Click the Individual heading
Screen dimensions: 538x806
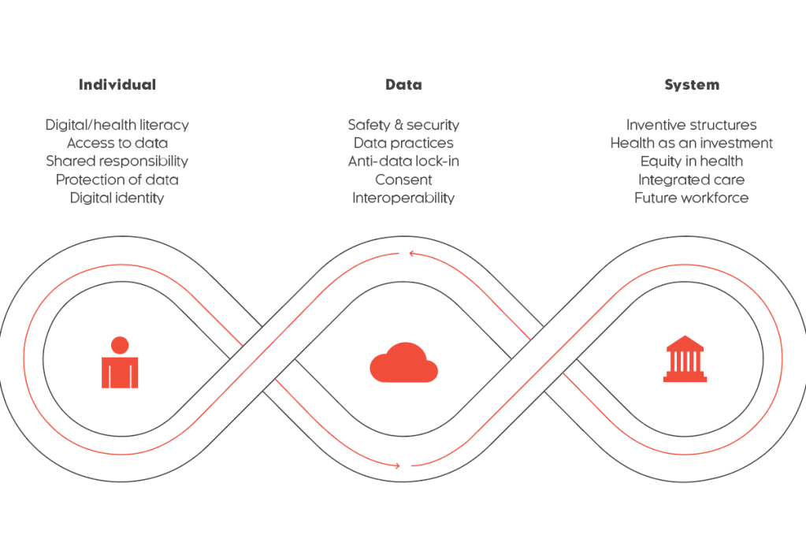(117, 85)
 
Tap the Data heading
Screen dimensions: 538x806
(403, 85)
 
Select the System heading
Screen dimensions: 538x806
(691, 85)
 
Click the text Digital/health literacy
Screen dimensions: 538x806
(117, 125)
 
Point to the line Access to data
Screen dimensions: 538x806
(117, 143)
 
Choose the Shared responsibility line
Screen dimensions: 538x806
(117, 161)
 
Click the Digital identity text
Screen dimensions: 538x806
(117, 198)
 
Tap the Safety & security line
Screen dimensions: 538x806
(403, 125)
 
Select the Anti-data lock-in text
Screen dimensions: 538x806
(403, 161)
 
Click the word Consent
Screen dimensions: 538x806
(403, 180)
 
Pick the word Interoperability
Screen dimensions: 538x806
(403, 198)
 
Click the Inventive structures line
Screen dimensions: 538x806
(691, 125)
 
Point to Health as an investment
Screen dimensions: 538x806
(691, 143)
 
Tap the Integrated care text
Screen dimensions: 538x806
(691, 180)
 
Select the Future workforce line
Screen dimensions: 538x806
(691, 198)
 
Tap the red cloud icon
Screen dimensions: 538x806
(403, 363)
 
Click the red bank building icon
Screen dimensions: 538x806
(685, 360)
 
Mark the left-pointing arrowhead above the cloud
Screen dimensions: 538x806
(411, 254)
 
